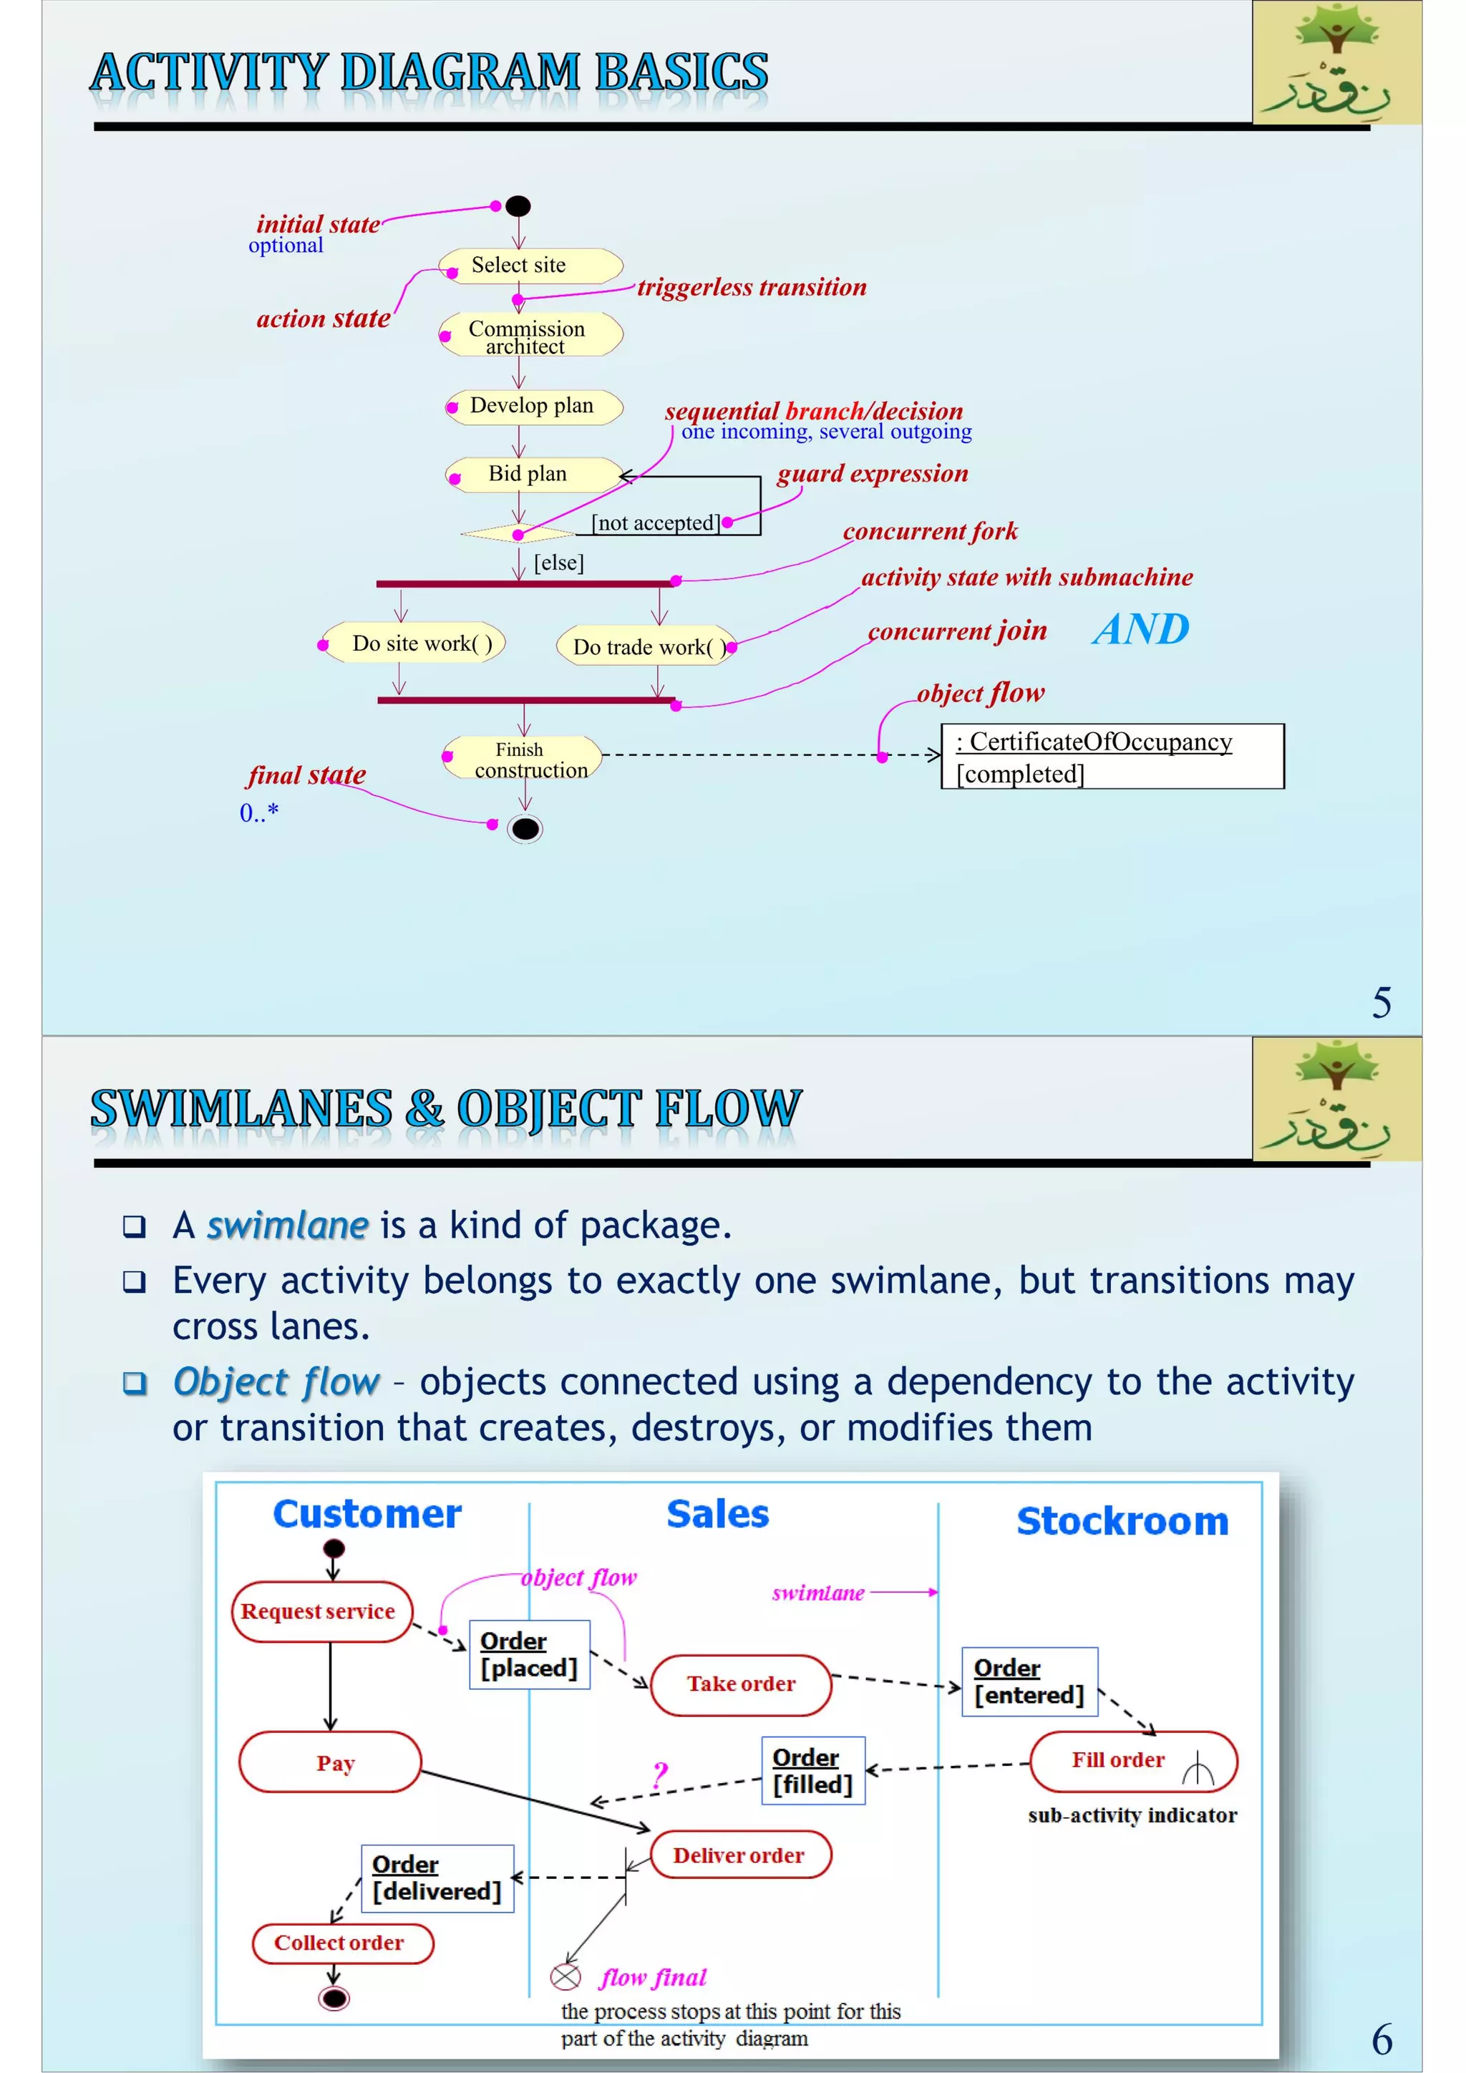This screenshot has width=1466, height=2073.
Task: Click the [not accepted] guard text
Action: point(656,523)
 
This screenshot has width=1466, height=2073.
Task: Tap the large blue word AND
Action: point(1140,629)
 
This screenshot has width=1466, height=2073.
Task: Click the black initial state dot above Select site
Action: point(518,207)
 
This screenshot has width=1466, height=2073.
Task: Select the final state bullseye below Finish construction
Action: point(525,828)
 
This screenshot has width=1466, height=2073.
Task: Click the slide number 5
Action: point(1381,1002)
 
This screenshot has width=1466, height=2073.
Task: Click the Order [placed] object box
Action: point(529,1654)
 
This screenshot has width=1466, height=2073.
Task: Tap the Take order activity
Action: point(740,1684)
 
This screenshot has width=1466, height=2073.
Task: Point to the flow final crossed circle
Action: point(565,1976)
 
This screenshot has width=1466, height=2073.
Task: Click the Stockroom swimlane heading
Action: point(1122,1521)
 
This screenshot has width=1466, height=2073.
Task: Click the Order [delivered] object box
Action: point(437,1878)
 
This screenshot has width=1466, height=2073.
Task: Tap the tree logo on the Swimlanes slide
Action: point(1337,1098)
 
